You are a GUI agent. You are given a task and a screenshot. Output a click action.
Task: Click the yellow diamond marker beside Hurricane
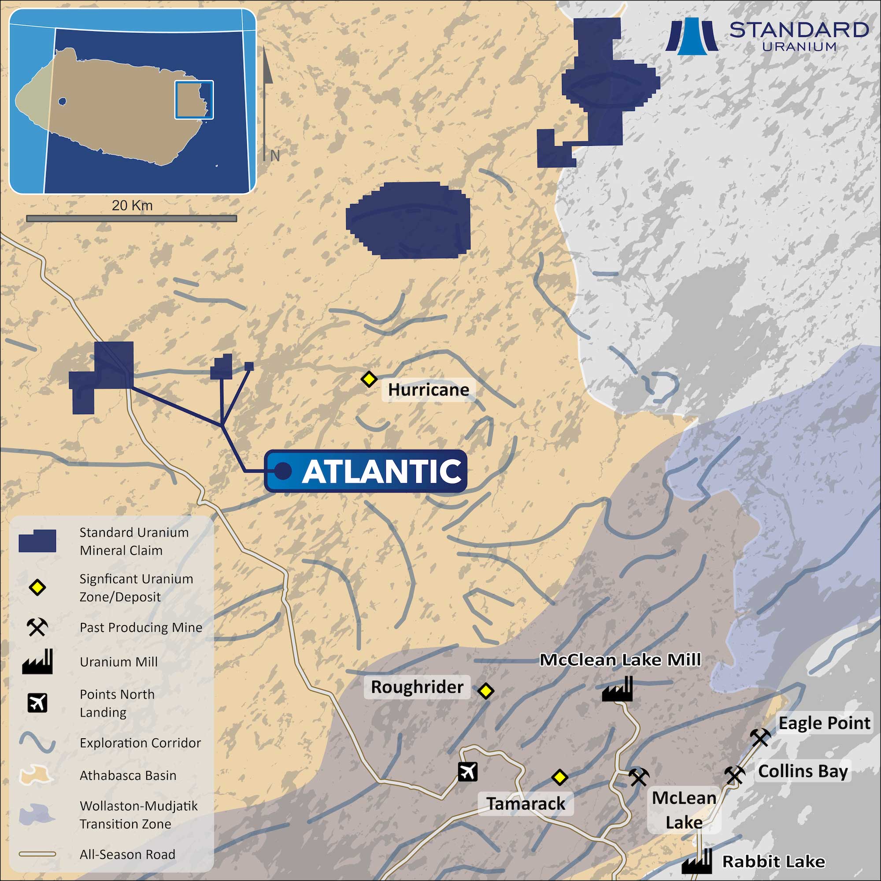point(368,379)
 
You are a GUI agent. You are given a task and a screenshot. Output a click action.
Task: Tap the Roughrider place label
point(417,687)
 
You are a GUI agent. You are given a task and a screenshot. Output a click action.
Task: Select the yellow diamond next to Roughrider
point(485,691)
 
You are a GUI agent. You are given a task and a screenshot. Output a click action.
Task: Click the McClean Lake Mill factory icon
point(618,689)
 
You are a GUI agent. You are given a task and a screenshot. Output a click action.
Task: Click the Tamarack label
point(526,803)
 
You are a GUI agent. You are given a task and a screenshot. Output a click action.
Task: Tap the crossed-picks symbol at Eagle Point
point(760,737)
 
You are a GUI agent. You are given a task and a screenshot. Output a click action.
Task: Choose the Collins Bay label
point(803,771)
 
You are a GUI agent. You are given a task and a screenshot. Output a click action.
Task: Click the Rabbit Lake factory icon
point(696,861)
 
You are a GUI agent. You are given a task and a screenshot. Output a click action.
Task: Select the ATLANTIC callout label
point(366,471)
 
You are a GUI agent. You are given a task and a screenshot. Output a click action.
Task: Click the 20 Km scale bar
point(131,218)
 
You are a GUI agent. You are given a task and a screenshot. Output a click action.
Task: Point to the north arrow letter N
point(274,156)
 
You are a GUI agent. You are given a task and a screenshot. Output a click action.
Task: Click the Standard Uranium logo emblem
point(691,37)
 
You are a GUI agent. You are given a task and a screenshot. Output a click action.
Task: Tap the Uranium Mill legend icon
point(37,662)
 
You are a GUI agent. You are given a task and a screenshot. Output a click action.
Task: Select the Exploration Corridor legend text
point(140,743)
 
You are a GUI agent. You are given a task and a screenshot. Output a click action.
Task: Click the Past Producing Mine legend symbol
point(37,627)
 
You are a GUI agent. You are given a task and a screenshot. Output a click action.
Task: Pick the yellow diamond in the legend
point(37,587)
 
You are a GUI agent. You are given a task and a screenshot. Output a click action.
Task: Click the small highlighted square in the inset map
point(194,100)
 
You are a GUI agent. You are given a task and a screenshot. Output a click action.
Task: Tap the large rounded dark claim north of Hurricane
point(408,220)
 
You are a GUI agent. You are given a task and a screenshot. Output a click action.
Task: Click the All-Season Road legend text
point(127,854)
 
